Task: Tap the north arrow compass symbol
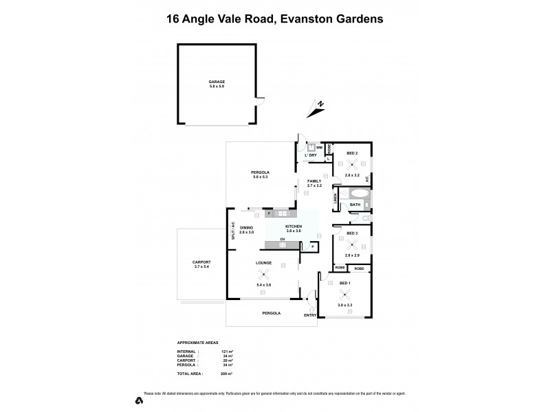click(x=318, y=106)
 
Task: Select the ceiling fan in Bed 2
click(x=352, y=163)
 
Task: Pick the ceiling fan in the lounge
click(x=264, y=277)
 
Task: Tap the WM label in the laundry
click(x=319, y=147)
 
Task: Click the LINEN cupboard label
click(x=335, y=199)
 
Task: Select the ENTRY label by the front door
click(x=310, y=316)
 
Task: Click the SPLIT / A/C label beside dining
click(x=234, y=230)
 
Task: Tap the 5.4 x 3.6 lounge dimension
click(x=264, y=285)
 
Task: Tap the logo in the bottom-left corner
click(x=139, y=400)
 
